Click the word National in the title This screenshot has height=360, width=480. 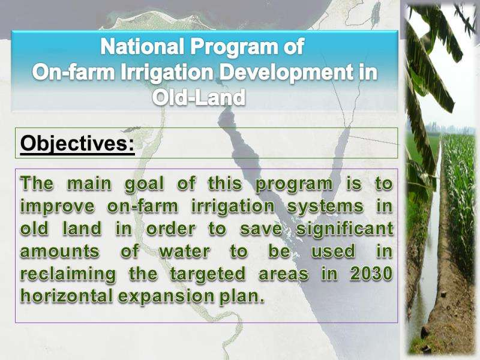click(x=142, y=47)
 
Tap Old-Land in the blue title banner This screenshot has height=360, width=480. click(x=199, y=97)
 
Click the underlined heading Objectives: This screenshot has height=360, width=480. click(x=77, y=143)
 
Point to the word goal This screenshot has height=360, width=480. click(x=144, y=185)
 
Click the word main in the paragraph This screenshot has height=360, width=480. click(x=89, y=184)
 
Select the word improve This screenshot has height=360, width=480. click(x=57, y=207)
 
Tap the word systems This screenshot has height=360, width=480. click(x=325, y=207)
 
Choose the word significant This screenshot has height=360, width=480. click(x=344, y=229)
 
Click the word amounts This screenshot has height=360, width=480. click(x=60, y=251)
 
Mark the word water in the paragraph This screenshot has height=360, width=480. click(x=185, y=251)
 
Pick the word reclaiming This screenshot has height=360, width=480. click(x=68, y=274)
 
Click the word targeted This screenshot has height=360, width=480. click(x=208, y=274)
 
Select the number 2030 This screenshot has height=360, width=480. click(x=371, y=274)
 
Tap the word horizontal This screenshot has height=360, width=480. click(x=67, y=296)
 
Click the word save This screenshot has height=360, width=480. click(x=261, y=229)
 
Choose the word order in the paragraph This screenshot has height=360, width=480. click(x=171, y=229)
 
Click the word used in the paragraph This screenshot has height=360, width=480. click(x=334, y=251)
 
